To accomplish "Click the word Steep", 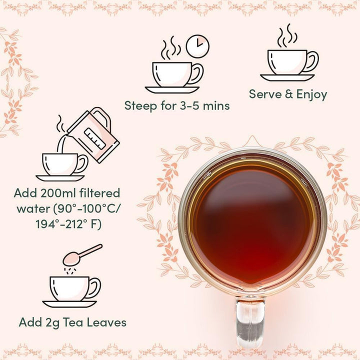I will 141,106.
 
